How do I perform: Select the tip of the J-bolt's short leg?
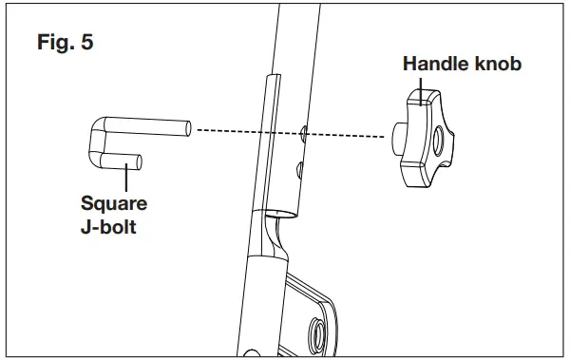[140, 162]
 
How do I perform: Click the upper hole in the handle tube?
[302, 130]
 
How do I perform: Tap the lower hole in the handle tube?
[300, 169]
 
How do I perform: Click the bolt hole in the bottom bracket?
[316, 332]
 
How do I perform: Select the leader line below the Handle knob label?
[423, 86]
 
